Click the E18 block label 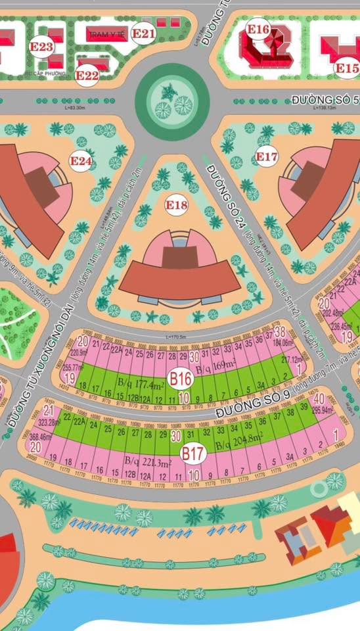click(176, 206)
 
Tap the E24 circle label click(81, 160)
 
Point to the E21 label click(143, 33)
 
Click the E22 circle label click(87, 76)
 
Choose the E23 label click(41, 47)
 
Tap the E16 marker click(258, 29)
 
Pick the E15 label click(346, 68)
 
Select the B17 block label click(194, 453)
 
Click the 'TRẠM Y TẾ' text click(107, 33)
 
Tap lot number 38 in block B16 click(279, 331)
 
